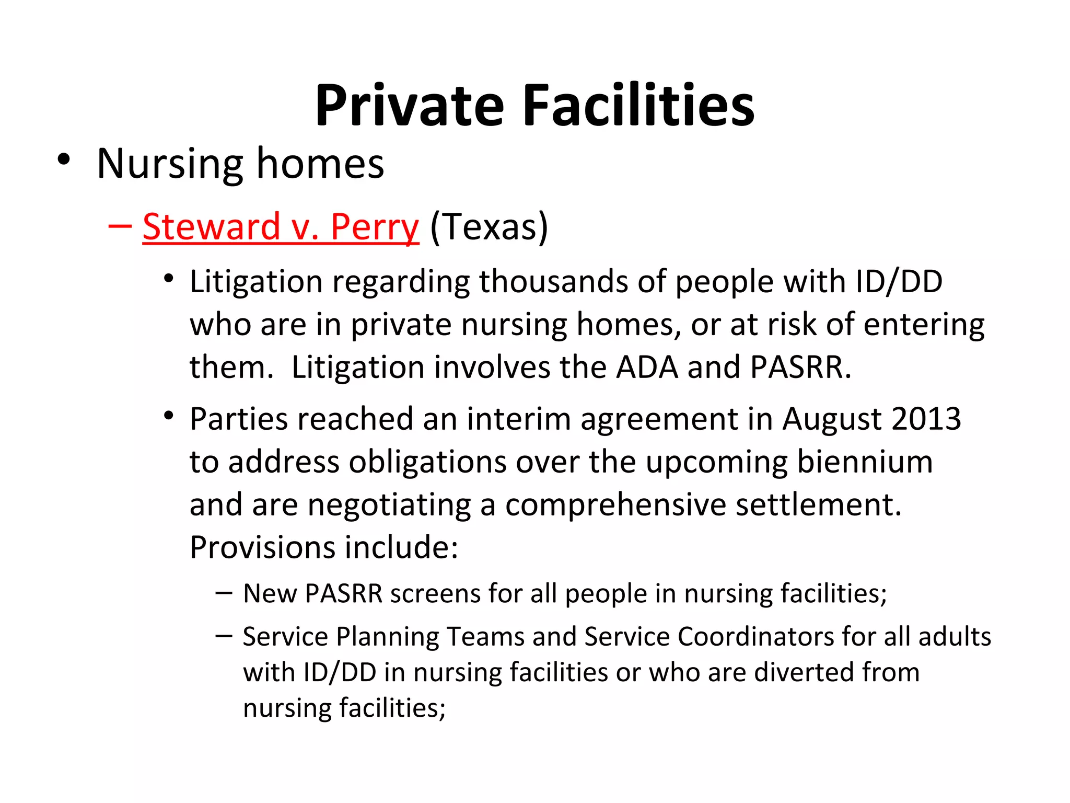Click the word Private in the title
click(409, 106)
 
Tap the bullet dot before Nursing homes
click(64, 160)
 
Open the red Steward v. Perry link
click(281, 227)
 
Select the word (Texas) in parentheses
click(489, 227)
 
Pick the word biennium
click(865, 462)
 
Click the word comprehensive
click(615, 505)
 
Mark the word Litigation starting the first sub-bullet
click(256, 282)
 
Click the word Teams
click(486, 637)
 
